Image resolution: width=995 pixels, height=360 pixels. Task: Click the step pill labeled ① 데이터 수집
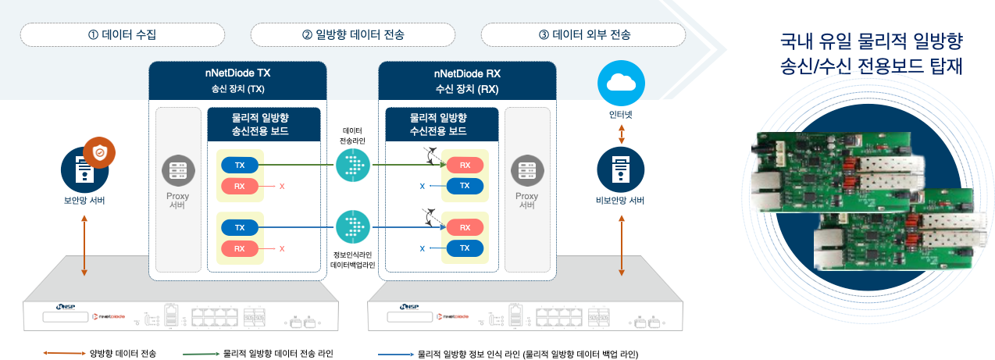coord(123,34)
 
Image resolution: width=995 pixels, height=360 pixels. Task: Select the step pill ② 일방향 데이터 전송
coord(353,34)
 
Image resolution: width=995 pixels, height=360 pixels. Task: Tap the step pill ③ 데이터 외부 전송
coord(583,34)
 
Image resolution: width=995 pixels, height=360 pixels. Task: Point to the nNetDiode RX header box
coord(467,80)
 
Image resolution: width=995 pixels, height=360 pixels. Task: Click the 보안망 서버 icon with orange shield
coord(84,166)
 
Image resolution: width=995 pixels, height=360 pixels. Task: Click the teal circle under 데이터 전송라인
coord(352,166)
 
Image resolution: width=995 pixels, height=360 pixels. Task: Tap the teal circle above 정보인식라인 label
coord(352,228)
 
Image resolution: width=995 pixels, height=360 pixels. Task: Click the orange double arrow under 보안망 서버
coord(84,246)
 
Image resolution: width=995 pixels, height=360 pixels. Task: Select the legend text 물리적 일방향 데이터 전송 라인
coord(278,354)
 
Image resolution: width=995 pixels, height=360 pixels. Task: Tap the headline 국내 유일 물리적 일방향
coord(871,40)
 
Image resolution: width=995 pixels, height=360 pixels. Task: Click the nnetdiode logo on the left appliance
coord(108,316)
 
